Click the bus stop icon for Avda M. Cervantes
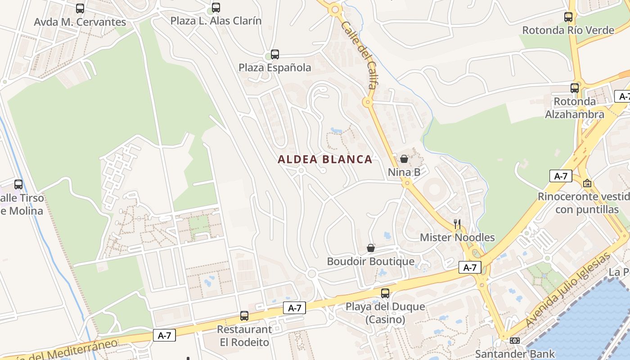(80, 8)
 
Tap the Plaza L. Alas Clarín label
(216, 21)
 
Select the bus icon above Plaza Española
(275, 54)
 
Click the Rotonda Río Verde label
(568, 30)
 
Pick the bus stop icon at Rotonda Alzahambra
(575, 88)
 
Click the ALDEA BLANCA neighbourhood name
(325, 159)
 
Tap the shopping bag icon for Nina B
(404, 159)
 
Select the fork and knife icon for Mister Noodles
(457, 224)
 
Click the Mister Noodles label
(457, 238)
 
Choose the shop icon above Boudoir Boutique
(371, 248)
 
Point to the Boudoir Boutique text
(370, 261)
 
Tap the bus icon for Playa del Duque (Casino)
(385, 293)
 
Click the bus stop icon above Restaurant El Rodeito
(244, 316)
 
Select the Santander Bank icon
(515, 341)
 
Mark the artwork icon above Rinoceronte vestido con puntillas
(587, 183)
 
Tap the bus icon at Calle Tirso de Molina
(18, 184)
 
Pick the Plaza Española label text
(274, 68)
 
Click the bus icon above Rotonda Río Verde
(568, 17)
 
